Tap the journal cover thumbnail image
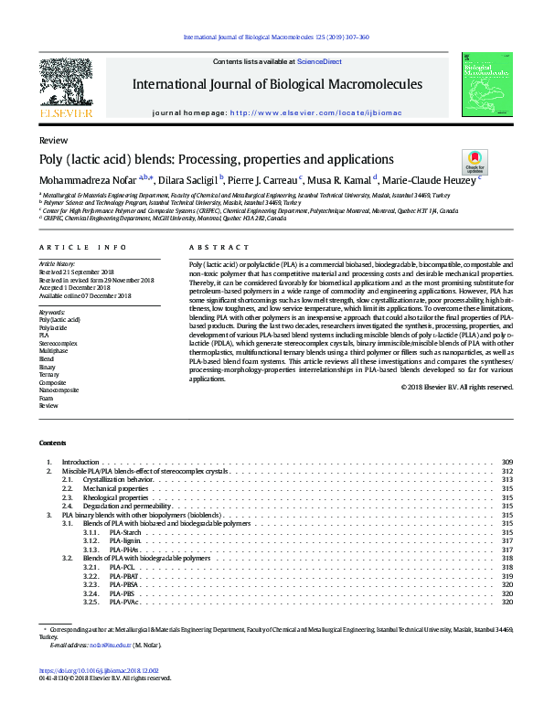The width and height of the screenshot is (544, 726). point(485,85)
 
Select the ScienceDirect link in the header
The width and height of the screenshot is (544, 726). point(319,61)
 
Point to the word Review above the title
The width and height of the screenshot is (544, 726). point(53,141)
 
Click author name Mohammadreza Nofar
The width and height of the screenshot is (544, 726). point(88,179)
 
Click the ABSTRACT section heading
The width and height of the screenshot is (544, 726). point(212,248)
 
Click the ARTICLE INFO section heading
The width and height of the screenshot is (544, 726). point(69,248)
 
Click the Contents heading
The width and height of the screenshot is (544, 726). point(52,443)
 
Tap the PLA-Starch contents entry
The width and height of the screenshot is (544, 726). point(125,531)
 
